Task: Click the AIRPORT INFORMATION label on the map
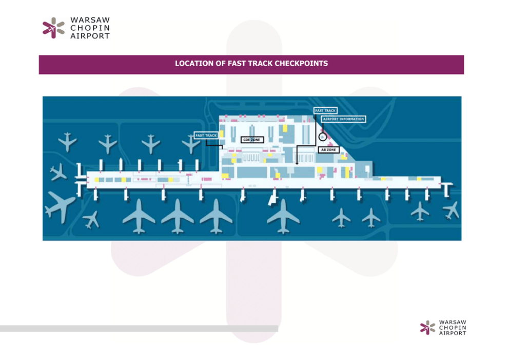tap(344, 119)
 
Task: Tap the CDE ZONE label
tap(252, 140)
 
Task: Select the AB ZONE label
tap(328, 149)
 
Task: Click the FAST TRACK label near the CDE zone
tap(206, 136)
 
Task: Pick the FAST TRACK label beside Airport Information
tap(325, 110)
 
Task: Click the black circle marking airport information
tap(322, 137)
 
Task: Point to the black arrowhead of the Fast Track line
tap(297, 163)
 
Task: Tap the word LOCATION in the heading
tap(192, 64)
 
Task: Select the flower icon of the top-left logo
tap(53, 28)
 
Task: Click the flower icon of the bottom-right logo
tap(427, 327)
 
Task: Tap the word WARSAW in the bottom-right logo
tap(453, 322)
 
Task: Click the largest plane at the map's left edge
tap(61, 205)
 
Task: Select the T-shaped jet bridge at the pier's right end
tap(448, 186)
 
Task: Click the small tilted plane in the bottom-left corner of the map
tap(91, 219)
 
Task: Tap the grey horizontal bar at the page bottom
tap(139, 328)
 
